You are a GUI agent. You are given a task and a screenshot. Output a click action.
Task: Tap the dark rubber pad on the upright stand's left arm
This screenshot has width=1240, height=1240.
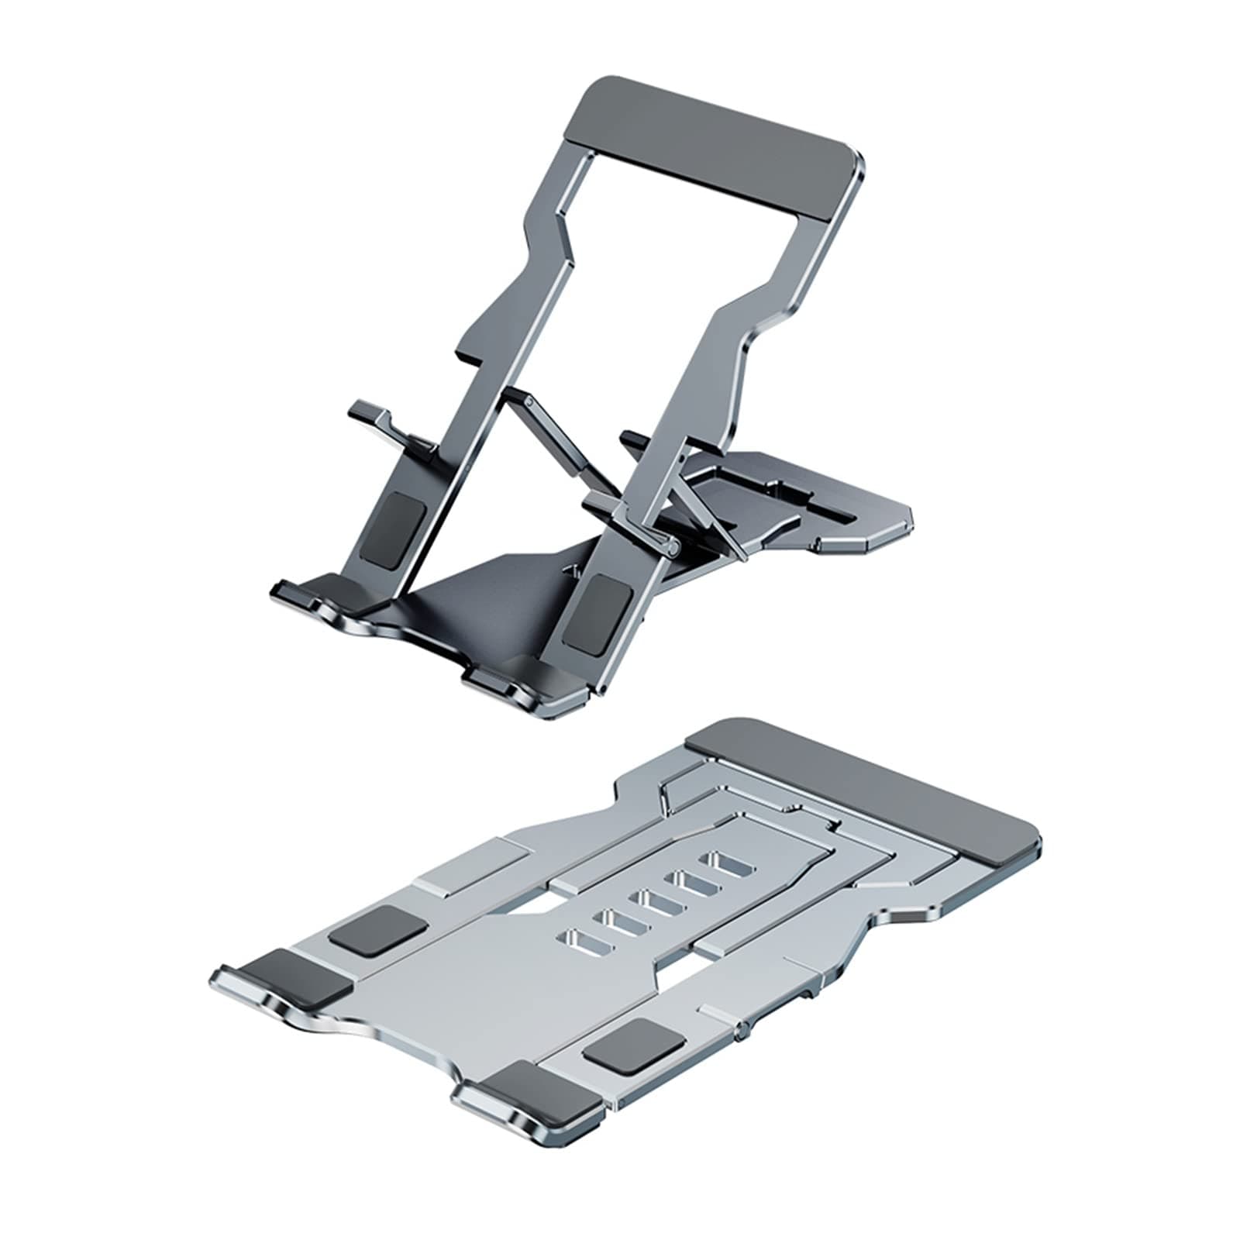[395, 531]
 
